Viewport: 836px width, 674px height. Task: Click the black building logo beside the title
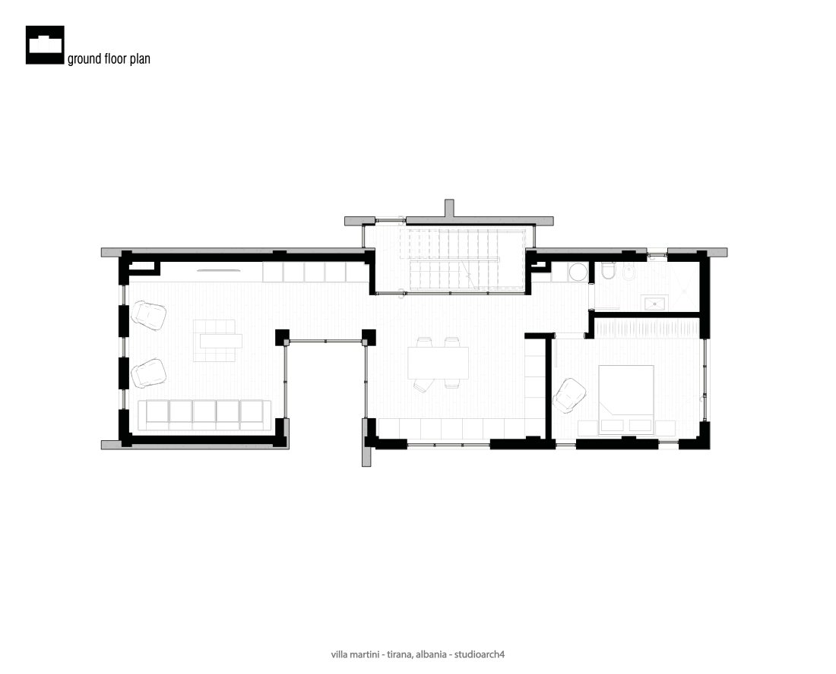[x=45, y=46]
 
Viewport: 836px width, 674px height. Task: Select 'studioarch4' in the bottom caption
[x=480, y=654]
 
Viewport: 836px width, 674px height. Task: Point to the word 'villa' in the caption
[x=339, y=654]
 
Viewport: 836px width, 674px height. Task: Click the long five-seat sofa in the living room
[x=204, y=414]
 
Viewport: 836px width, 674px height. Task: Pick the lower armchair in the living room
[x=148, y=373]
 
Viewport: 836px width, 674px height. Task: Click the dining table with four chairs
[x=439, y=363]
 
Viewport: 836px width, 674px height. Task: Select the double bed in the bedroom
[x=626, y=400]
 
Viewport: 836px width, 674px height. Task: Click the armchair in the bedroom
[x=569, y=395]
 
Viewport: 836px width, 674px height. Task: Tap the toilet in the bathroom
[x=608, y=272]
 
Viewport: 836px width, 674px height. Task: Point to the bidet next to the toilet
[x=629, y=272]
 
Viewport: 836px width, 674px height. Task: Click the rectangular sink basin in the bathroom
[x=655, y=303]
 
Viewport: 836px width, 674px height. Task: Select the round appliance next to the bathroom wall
[x=577, y=273]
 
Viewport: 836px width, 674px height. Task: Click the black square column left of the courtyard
[x=282, y=338]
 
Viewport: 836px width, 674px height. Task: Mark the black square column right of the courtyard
[x=369, y=337]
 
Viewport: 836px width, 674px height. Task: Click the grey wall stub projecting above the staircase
[x=449, y=208]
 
